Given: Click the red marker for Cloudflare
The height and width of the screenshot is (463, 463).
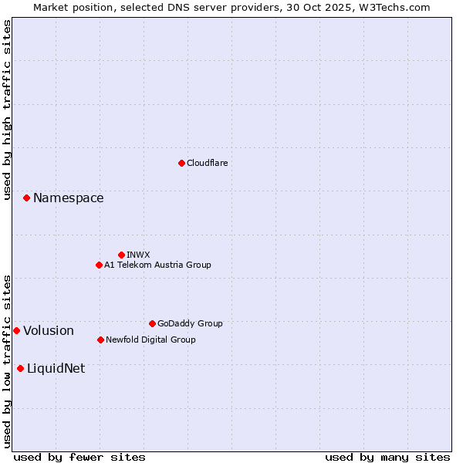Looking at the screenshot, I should [x=181, y=163].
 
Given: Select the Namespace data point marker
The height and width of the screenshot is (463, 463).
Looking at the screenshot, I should [x=26, y=198].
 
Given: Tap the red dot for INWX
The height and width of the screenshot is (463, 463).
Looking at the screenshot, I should [x=121, y=255].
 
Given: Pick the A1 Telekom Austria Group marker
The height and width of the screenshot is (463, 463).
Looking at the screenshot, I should [x=99, y=265].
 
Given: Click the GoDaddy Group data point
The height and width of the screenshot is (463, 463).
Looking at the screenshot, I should [x=152, y=323].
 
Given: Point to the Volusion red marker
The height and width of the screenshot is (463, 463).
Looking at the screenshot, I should [x=16, y=330].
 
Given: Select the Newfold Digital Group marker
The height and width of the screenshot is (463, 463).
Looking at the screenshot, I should [x=100, y=340].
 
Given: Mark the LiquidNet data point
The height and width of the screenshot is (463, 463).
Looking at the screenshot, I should [x=20, y=368].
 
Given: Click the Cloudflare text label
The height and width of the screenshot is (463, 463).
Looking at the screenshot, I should [x=208, y=163].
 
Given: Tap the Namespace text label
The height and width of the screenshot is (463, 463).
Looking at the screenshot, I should [x=68, y=198].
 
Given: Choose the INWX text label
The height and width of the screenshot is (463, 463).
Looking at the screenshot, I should [x=138, y=255].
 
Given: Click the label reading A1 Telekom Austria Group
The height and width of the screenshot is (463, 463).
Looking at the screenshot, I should [x=157, y=265].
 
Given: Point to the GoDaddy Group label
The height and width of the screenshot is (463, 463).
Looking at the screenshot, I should [x=190, y=323].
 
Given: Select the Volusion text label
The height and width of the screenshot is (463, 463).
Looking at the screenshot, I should [x=49, y=331].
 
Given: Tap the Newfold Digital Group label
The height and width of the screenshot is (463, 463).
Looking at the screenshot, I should [x=150, y=340].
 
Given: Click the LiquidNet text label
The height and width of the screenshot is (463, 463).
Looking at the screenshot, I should [x=56, y=369].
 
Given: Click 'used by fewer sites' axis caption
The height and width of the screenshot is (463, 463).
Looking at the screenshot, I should [x=79, y=457].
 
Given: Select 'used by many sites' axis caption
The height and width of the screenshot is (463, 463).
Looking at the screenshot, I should [x=387, y=457].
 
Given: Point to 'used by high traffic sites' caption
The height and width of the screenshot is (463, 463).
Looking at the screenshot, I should [x=8, y=110].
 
